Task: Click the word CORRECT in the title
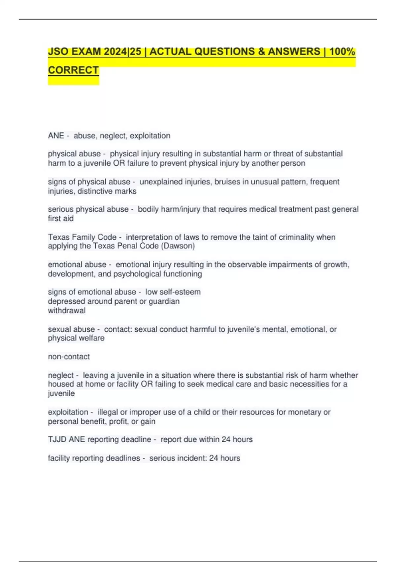point(73,70)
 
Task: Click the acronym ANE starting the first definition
point(56,136)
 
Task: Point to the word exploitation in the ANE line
point(150,136)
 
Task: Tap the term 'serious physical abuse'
point(88,209)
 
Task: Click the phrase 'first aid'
point(61,219)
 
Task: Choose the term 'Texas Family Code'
point(82,237)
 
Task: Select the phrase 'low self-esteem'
point(173,292)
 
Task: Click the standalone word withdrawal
point(67,311)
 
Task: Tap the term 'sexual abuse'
point(71,329)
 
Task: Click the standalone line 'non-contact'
point(69,357)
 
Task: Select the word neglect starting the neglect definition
point(61,375)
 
